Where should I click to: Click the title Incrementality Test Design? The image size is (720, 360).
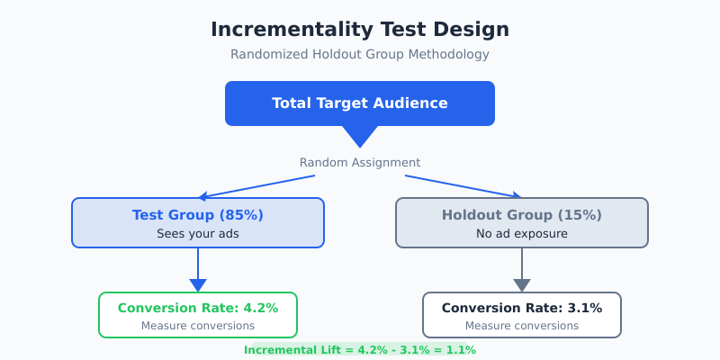(x=360, y=30)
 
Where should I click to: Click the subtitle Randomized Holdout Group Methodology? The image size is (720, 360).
(x=360, y=54)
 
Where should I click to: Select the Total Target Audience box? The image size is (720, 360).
(x=360, y=103)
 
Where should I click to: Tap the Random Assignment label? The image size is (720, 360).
(x=360, y=163)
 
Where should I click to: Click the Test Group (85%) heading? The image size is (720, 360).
(x=198, y=215)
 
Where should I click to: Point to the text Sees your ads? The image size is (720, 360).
(x=198, y=234)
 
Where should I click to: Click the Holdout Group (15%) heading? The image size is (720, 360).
(x=522, y=215)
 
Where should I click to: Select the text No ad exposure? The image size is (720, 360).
(x=522, y=234)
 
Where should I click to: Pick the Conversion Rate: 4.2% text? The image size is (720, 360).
(x=198, y=308)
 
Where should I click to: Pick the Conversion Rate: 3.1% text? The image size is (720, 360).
(x=522, y=308)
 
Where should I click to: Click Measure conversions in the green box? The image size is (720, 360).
(x=198, y=326)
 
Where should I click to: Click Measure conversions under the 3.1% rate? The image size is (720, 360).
(x=522, y=326)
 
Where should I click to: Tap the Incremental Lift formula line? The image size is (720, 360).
(x=360, y=349)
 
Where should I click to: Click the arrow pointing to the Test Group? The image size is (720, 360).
(x=256, y=186)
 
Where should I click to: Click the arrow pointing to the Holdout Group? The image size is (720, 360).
(x=463, y=186)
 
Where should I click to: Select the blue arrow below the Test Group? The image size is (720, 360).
(x=198, y=270)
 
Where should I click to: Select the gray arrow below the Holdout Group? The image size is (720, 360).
(x=522, y=270)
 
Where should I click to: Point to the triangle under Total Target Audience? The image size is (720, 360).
(x=360, y=136)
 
